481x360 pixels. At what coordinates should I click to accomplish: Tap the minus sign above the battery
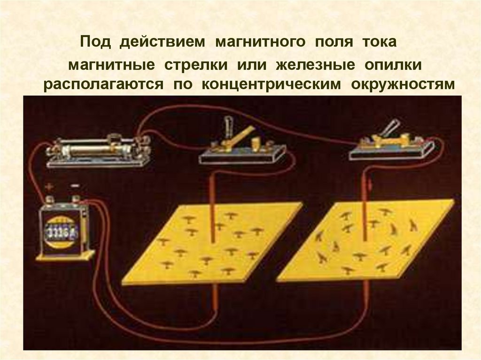coord(75,186)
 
